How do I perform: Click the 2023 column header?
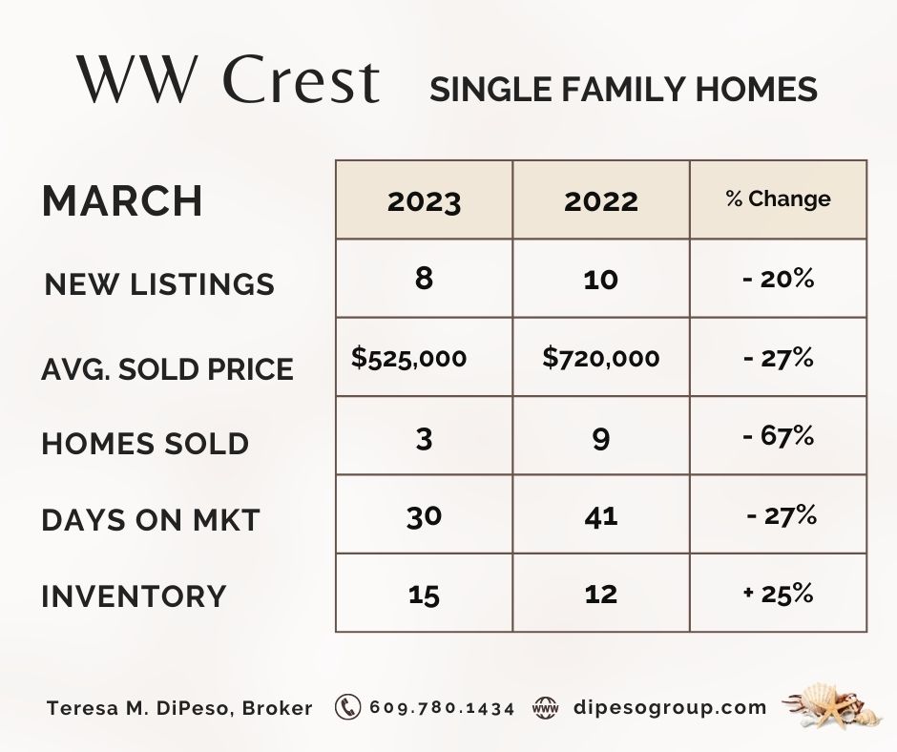coord(424,201)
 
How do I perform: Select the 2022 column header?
coord(600,201)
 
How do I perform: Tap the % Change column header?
coord(778,198)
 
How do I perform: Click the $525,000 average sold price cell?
coord(409,358)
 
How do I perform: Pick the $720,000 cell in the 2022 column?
coord(600,358)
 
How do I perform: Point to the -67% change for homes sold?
coord(778,436)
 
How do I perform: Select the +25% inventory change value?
coord(778,594)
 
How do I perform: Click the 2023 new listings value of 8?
coord(424,279)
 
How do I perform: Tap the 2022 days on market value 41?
coord(600,517)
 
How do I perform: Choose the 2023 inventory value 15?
coord(424,595)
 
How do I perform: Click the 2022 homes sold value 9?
coord(600,440)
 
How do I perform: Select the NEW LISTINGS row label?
coord(159,284)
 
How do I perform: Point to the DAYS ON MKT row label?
coord(151,520)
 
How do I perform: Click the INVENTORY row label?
coord(134,596)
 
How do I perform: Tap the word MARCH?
coord(122,200)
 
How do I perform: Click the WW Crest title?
coord(228,79)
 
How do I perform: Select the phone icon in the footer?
coord(347,707)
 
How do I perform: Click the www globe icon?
coord(545,708)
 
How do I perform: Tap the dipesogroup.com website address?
coord(670,708)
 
